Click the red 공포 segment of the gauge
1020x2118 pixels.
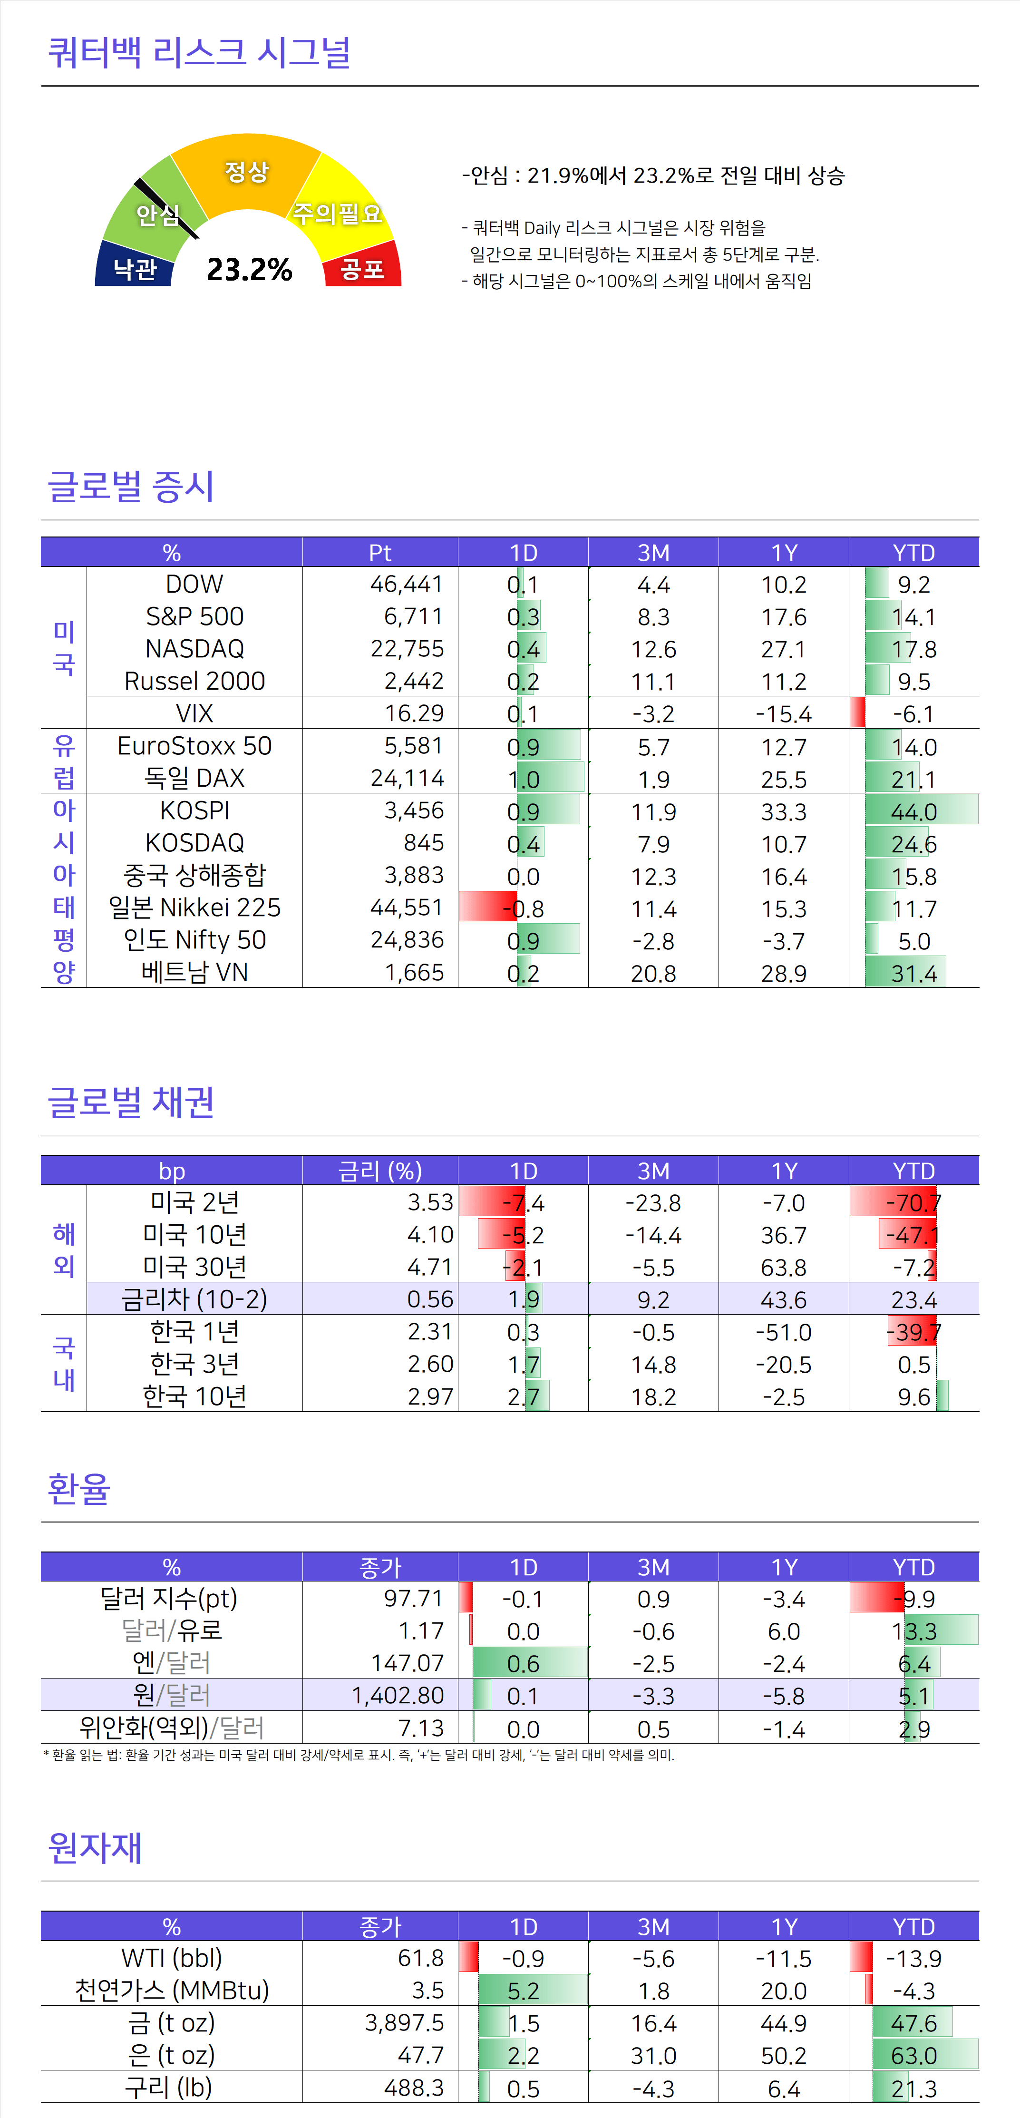coord(362,267)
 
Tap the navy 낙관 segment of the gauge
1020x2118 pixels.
coord(135,267)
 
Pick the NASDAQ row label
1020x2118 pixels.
coord(195,649)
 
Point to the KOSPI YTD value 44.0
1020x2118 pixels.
coord(914,811)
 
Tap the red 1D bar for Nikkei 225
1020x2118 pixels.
coord(486,907)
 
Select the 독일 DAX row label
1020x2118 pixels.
coord(195,778)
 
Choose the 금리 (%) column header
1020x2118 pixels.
coord(380,1170)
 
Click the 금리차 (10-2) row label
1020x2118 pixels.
coord(195,1299)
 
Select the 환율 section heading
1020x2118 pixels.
coord(79,1488)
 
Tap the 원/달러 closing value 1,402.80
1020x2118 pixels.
coord(398,1695)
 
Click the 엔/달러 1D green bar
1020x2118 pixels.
coord(530,1662)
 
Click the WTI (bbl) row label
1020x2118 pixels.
coord(172,1958)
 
